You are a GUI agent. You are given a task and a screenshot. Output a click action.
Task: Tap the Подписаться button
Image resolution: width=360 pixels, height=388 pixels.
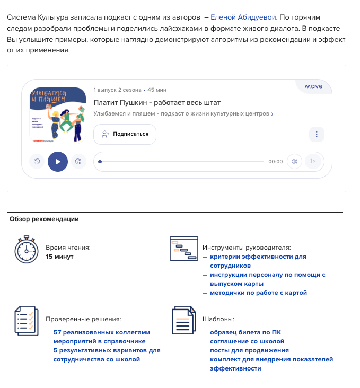(125, 134)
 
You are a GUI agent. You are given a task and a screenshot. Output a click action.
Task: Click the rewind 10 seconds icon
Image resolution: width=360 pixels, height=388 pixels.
(37, 162)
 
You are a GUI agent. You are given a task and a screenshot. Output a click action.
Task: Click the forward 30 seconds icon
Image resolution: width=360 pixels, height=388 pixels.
(78, 162)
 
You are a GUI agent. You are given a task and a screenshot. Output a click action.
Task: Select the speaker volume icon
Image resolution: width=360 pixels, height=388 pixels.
(294, 162)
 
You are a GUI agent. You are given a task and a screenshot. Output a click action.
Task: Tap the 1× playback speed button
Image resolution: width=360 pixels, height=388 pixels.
(313, 162)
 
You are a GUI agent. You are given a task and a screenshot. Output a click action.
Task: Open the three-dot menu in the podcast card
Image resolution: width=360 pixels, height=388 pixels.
(316, 134)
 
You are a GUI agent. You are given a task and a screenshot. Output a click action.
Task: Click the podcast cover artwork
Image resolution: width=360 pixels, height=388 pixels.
(58, 115)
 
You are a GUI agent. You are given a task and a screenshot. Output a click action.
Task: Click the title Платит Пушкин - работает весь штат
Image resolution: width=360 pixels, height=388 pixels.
(157, 102)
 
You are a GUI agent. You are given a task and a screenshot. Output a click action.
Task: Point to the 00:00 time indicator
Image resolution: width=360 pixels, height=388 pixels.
(275, 162)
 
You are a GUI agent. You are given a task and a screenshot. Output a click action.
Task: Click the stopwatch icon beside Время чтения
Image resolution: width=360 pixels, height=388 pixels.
(27, 251)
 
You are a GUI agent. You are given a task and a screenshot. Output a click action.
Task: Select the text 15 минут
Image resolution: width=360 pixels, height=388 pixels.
(59, 257)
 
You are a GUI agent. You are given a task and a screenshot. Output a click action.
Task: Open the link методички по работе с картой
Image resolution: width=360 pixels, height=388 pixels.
(258, 293)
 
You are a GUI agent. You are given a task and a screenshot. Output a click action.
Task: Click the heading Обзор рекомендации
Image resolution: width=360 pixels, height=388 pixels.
(44, 219)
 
